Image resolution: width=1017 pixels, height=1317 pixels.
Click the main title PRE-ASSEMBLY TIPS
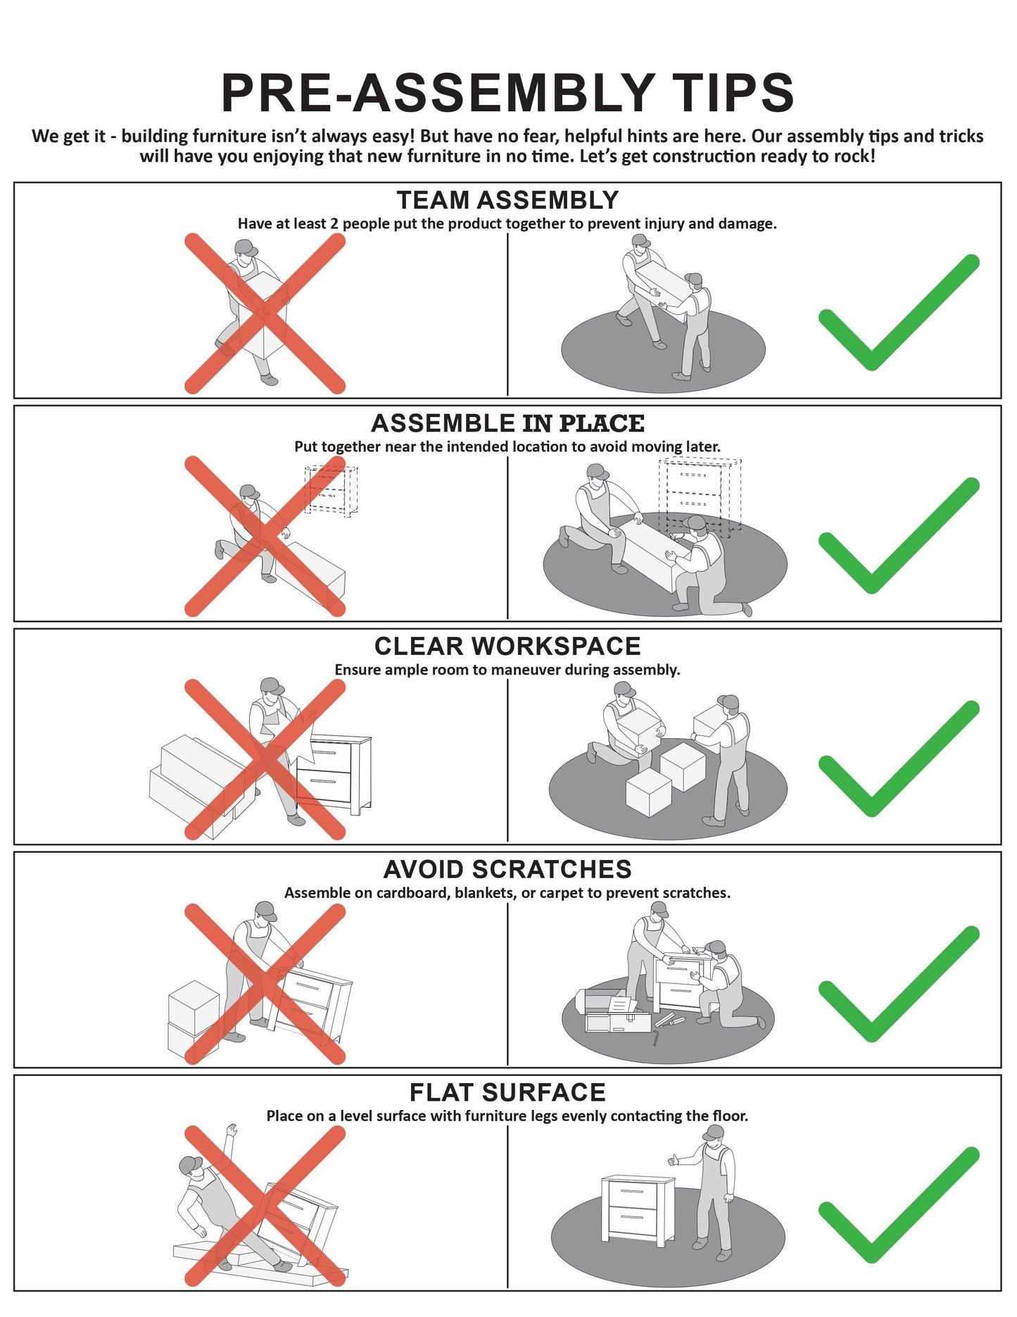507,92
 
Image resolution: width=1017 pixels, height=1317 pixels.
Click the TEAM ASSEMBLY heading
507,200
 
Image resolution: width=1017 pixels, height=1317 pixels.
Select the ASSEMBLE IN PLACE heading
507,423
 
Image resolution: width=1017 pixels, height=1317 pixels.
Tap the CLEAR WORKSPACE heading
507,646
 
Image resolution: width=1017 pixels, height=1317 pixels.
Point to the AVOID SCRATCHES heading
507,869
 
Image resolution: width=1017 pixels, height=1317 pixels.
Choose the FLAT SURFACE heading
507,1092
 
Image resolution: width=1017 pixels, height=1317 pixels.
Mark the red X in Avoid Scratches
265,984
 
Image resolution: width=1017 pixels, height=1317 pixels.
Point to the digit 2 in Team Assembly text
334,224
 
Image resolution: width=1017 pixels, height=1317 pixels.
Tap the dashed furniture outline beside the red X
331,490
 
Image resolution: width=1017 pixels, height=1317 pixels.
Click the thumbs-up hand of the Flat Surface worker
673,1159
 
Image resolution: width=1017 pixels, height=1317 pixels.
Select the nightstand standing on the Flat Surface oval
638,1208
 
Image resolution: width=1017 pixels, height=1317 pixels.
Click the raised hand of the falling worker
230,1130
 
